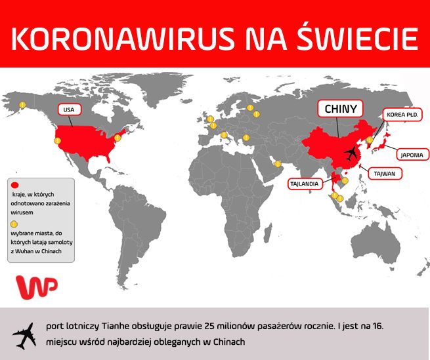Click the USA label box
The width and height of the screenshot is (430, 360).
(x=68, y=110)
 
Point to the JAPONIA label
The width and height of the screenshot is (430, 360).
(x=413, y=155)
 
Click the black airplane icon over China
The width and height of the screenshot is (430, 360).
(x=352, y=153)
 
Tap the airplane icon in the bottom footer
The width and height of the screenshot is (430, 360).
(x=24, y=336)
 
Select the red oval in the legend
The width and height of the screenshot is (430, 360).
(x=16, y=185)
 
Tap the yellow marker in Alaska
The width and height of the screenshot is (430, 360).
(x=22, y=105)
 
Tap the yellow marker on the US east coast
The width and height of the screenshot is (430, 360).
(x=118, y=138)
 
